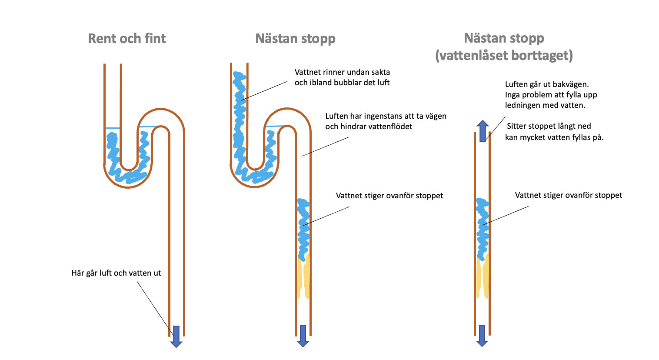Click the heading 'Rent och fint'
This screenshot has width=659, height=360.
(x=126, y=39)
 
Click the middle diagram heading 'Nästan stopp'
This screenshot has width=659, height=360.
(x=295, y=39)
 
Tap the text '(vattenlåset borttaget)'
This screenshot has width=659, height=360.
(x=504, y=56)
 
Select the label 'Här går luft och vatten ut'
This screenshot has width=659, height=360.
(x=116, y=273)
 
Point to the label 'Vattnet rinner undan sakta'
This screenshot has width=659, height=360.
(x=342, y=72)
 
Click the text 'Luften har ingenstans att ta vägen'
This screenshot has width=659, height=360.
(x=386, y=116)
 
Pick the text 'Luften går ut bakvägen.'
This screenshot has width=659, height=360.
(x=547, y=84)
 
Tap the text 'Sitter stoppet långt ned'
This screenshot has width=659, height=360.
(x=549, y=126)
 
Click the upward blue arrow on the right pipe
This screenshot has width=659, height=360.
(x=483, y=131)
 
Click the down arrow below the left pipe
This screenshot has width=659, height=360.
(x=176, y=336)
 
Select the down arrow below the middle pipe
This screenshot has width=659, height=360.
(x=303, y=336)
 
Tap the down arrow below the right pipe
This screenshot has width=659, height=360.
(x=482, y=336)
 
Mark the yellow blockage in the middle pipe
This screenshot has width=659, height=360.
(x=303, y=278)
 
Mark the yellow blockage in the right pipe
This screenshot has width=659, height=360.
(x=483, y=278)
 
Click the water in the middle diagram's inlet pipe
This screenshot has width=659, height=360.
(x=239, y=109)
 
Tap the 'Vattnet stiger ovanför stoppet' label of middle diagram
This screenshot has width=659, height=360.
(x=389, y=196)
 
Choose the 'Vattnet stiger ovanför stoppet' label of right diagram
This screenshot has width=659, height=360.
(x=568, y=195)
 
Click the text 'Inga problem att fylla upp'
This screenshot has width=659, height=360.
(x=551, y=95)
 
